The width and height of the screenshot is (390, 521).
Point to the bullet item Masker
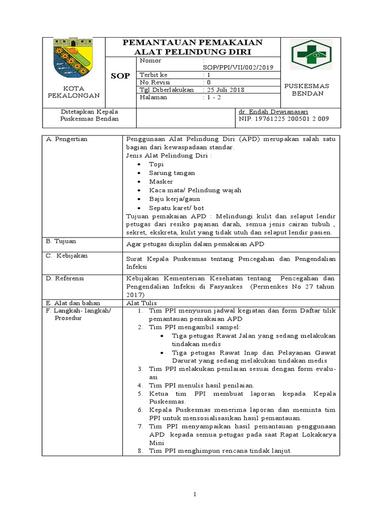coord(160,182)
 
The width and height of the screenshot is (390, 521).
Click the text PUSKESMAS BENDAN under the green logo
coord(314,90)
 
